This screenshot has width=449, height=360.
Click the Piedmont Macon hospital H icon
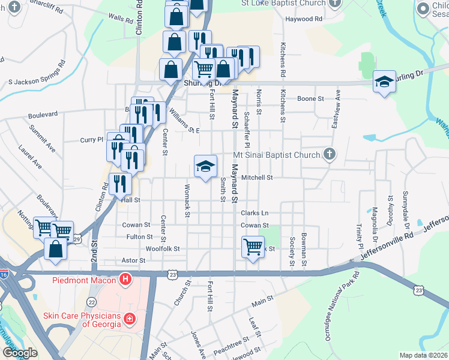(125, 279)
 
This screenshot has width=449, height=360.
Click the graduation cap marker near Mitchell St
(205, 166)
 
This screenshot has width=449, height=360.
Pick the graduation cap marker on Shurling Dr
(384, 82)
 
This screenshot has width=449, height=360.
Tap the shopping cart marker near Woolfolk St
(253, 246)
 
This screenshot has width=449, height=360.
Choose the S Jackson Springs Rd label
(37, 73)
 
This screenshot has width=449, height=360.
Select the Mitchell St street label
(257, 178)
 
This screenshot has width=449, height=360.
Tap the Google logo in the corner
(20, 353)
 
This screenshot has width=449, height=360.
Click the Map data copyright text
(423, 356)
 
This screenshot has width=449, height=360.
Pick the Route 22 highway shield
(91, 302)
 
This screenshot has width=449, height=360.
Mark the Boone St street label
(311, 98)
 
